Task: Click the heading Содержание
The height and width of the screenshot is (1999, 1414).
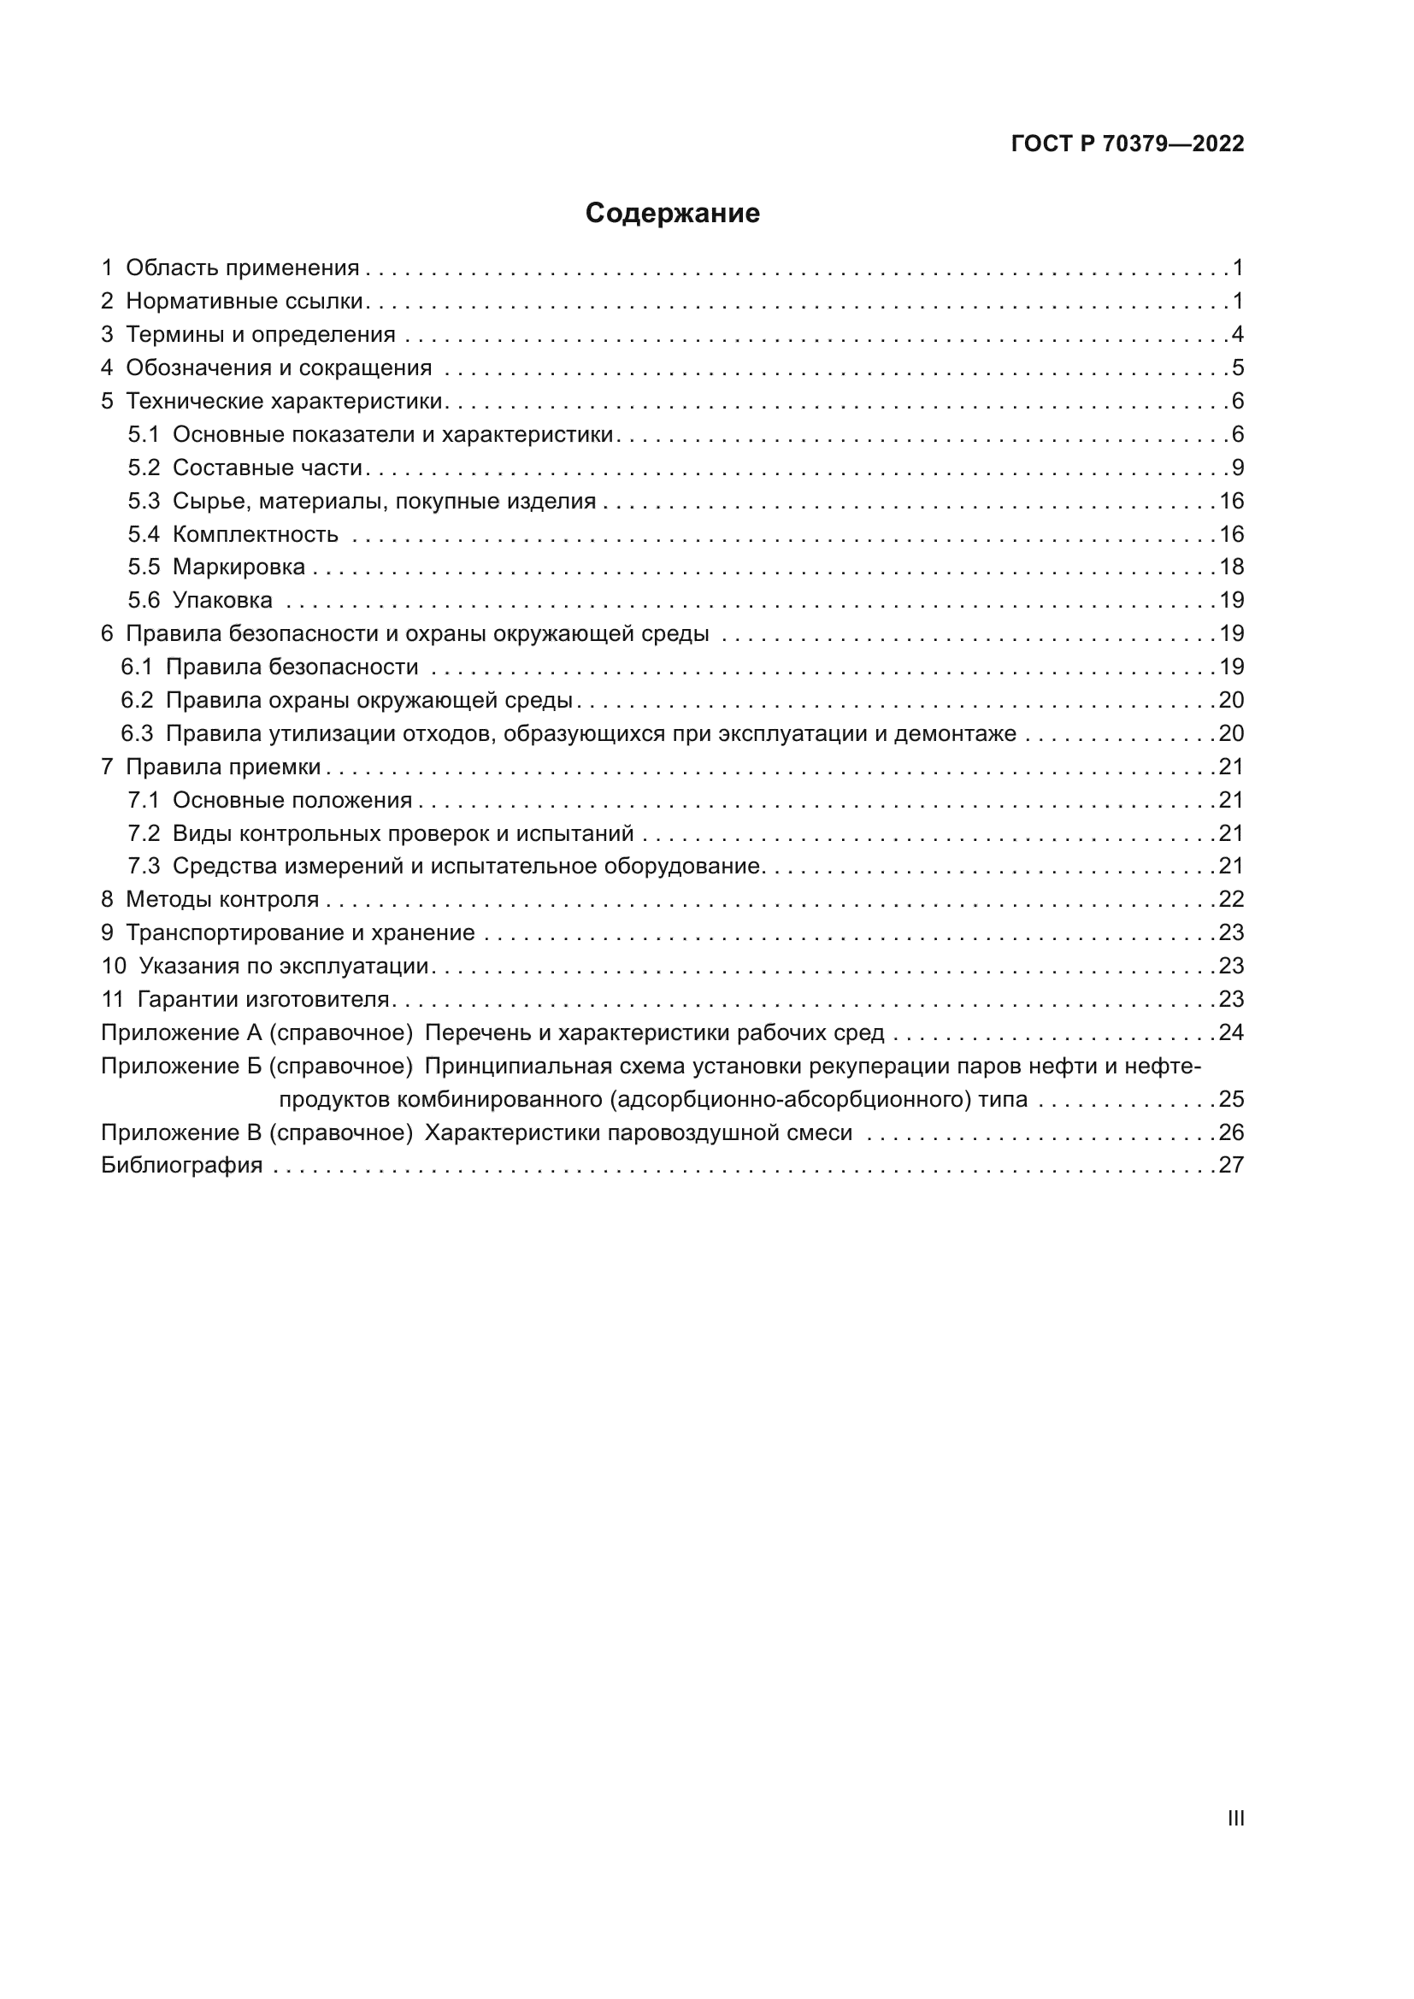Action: pos(672,214)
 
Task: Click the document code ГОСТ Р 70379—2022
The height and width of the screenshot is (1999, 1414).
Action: pos(1128,144)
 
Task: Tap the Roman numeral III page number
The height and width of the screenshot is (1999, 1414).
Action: pos(1234,1818)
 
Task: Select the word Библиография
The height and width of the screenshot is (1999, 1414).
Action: pos(181,1165)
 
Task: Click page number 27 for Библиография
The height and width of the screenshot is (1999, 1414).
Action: pos(1231,1165)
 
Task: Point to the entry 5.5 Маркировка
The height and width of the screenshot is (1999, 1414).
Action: pos(218,567)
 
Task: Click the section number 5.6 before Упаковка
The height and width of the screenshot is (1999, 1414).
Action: pos(144,600)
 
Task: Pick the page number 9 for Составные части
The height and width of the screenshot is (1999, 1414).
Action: pos(1237,467)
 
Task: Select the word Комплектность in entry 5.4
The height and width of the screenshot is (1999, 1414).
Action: pos(255,533)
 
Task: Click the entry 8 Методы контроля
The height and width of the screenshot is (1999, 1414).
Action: pos(209,899)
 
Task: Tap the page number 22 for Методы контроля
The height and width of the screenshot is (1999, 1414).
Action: pos(1231,899)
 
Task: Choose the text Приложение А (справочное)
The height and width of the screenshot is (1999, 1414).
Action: pos(256,1032)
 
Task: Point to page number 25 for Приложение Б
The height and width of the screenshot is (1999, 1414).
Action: pos(1231,1099)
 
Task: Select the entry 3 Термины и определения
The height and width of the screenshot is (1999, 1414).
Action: pos(248,334)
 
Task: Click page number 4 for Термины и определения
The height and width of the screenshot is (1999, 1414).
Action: pos(1237,334)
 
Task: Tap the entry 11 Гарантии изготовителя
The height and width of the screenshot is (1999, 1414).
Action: pos(245,998)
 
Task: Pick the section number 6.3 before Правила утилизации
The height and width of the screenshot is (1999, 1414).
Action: pos(137,733)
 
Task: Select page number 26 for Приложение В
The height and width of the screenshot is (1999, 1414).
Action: pos(1231,1132)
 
